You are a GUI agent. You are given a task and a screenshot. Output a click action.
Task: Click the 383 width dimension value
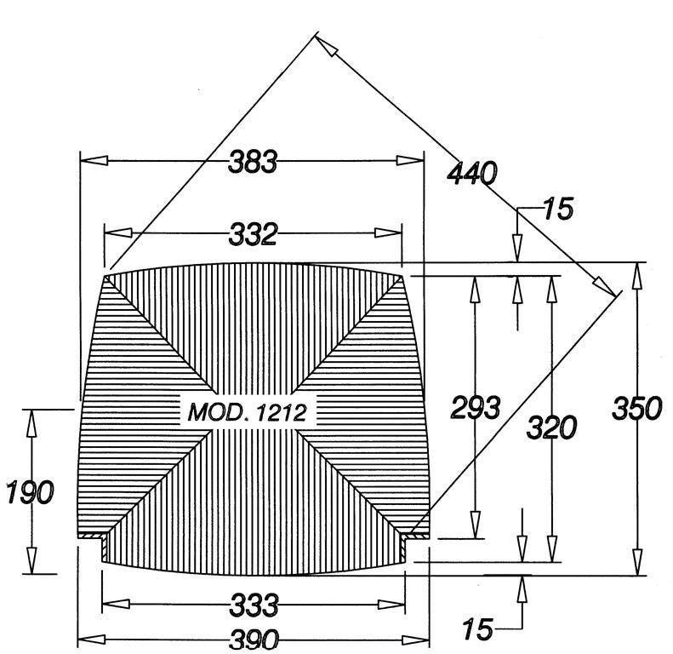click(253, 162)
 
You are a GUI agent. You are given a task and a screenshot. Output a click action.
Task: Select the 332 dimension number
click(253, 235)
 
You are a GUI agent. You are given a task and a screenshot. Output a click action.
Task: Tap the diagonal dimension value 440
click(472, 174)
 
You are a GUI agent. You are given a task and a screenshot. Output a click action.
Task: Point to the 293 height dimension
click(476, 407)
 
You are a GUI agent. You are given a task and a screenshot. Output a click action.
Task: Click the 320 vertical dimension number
click(552, 427)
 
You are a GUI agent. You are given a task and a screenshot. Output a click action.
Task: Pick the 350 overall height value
click(637, 408)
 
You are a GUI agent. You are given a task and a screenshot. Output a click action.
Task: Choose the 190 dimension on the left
click(30, 492)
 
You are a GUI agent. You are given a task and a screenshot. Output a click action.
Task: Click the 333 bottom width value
click(254, 605)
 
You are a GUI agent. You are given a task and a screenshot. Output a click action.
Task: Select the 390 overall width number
click(254, 640)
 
